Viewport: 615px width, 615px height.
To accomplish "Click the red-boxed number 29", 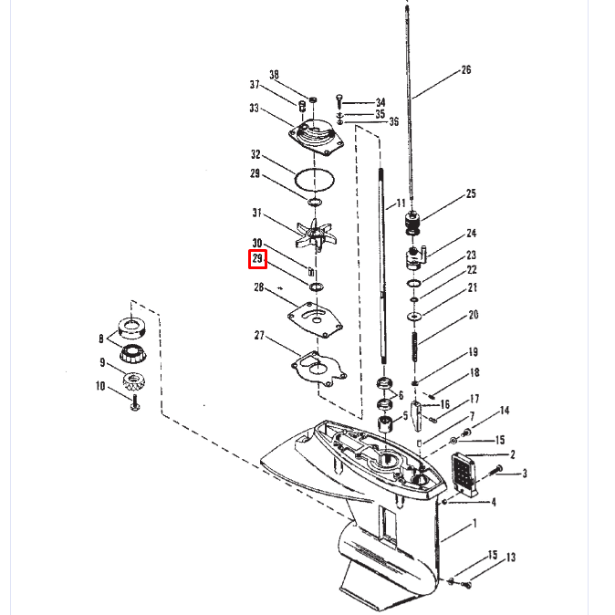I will click(x=257, y=260).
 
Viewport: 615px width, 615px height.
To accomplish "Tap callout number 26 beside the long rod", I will click(x=466, y=70).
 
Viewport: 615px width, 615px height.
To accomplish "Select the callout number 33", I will click(x=255, y=109).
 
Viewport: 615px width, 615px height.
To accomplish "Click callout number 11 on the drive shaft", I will click(x=400, y=202).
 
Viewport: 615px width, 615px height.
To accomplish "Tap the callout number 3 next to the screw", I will click(x=525, y=474).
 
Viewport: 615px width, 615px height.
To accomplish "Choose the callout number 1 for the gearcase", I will click(x=474, y=525).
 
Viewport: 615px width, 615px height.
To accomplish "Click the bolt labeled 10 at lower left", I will click(x=135, y=402).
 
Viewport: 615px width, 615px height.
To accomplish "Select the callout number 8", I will click(x=101, y=339).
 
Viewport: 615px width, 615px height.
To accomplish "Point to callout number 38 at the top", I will click(x=274, y=74).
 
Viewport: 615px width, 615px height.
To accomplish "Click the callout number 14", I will click(x=505, y=411).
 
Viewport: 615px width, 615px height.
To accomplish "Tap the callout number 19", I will click(x=474, y=352).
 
